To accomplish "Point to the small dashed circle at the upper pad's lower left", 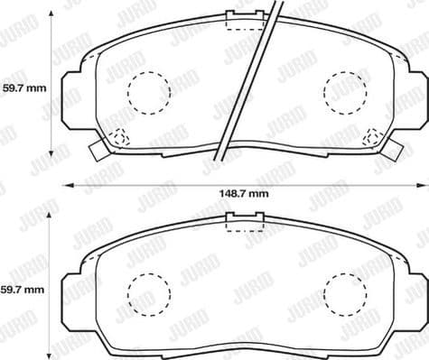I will pyautogui.click(x=119, y=138).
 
